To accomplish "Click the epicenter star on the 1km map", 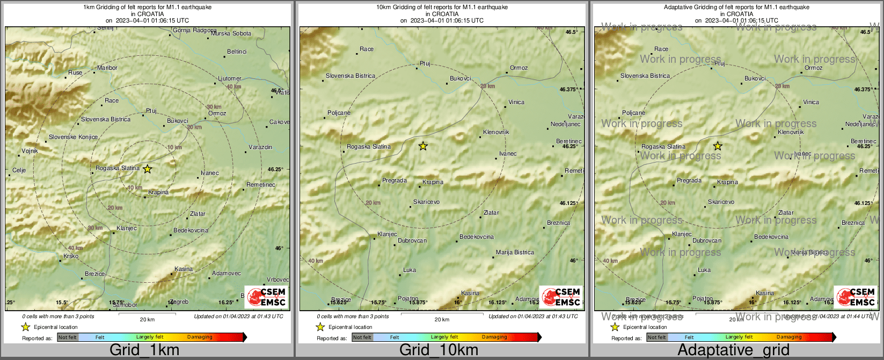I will [x=147, y=169].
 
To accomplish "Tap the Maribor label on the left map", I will [x=107, y=68].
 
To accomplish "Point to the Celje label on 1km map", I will [x=19, y=171].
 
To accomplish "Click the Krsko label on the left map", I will [x=71, y=256].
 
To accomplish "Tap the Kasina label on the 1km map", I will [x=184, y=269].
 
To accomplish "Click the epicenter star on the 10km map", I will [x=423, y=146].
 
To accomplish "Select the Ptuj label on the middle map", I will [x=425, y=64].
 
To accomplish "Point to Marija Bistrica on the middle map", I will [x=515, y=253].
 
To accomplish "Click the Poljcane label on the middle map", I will [x=339, y=113].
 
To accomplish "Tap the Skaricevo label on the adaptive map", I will [x=721, y=202].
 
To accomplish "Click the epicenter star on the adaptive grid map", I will [x=718, y=146].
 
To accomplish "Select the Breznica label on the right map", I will [x=853, y=223].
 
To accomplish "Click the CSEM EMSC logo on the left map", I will [x=266, y=297].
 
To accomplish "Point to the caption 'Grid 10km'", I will [x=439, y=350].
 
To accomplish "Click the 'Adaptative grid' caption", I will [x=733, y=350].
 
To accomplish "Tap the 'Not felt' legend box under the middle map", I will [x=362, y=337].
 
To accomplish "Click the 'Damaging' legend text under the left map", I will [x=200, y=337].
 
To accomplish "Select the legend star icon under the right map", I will [x=615, y=327].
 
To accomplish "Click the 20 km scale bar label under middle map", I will [x=442, y=320].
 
